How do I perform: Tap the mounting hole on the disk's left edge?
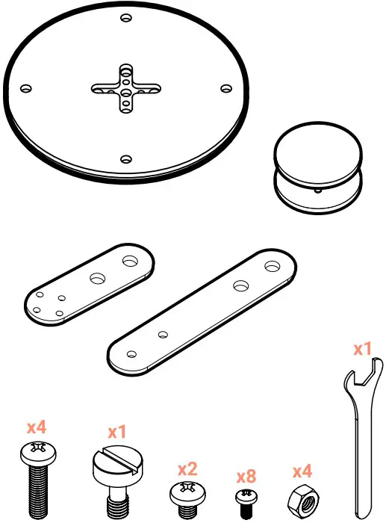(26, 89)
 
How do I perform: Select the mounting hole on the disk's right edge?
(226, 88)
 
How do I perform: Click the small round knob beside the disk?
(317, 168)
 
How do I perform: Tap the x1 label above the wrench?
(362, 349)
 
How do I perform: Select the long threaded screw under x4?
(34, 478)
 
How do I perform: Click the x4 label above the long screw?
(37, 427)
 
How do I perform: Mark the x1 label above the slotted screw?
(117, 432)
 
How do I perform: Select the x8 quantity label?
(246, 477)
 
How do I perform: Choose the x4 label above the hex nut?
(302, 471)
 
